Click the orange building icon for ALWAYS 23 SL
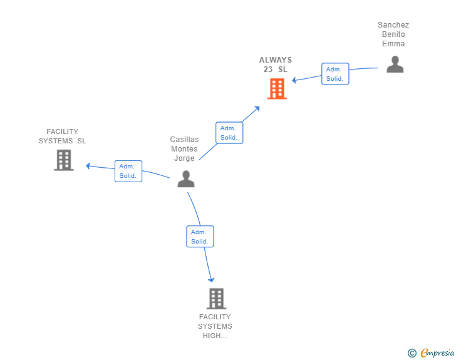(x=277, y=89)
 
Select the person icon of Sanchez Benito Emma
(x=395, y=64)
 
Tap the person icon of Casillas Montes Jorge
(x=186, y=179)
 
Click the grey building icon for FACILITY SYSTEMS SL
(x=64, y=160)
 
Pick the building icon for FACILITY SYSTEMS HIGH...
(x=216, y=299)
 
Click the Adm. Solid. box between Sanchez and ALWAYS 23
(x=335, y=74)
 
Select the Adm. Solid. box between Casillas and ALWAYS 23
(x=229, y=133)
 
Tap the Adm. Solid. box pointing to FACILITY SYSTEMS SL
(x=128, y=171)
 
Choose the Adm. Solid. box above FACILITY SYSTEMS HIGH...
(x=200, y=237)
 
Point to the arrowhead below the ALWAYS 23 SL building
(x=257, y=109)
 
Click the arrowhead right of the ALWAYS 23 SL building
(x=294, y=80)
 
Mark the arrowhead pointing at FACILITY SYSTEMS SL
(x=88, y=166)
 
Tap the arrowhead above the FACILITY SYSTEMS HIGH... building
(x=211, y=280)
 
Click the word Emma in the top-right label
(x=393, y=44)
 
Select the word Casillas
(x=184, y=140)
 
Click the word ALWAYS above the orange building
(x=276, y=60)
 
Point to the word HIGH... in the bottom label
(x=215, y=336)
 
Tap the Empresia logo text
(x=437, y=352)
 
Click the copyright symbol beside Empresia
(x=412, y=353)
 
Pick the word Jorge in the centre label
(x=184, y=158)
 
